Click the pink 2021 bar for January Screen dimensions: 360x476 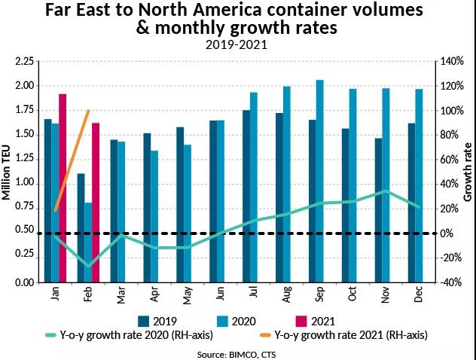coord(63,188)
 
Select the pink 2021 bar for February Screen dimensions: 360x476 coord(96,203)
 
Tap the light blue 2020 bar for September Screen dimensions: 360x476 coord(319,181)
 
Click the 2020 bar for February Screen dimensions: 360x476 coord(88,242)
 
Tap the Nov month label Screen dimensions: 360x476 coord(386,297)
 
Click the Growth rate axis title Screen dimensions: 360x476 coord(468,172)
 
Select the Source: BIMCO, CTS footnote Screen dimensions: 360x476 coord(238,352)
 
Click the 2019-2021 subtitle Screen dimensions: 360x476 coord(237,44)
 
